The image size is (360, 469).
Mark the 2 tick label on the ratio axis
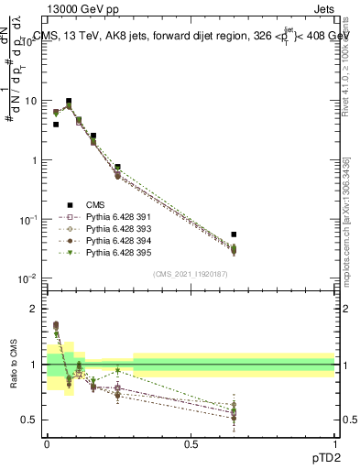coord(34,310)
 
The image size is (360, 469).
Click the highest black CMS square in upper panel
coord(69,102)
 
